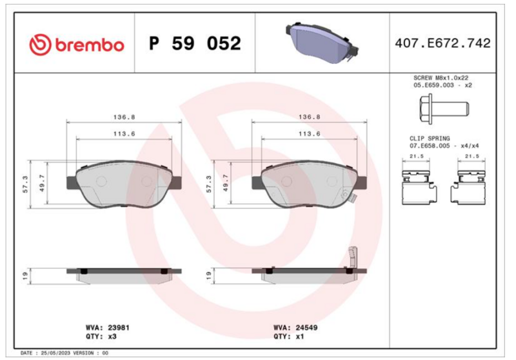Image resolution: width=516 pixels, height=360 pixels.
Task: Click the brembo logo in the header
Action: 77,44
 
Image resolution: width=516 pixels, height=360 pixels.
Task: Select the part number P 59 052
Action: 195,43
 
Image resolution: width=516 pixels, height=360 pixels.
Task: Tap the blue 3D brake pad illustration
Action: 322,43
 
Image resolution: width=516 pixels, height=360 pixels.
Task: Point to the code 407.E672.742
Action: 442,43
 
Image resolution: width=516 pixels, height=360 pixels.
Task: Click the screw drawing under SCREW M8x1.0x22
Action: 444,109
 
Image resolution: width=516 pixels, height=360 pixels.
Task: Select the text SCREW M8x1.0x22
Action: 441,78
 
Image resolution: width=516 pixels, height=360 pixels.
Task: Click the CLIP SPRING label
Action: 430,138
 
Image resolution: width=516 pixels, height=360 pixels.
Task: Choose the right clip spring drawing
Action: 468,187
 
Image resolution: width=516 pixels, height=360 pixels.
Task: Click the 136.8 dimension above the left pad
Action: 124,117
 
